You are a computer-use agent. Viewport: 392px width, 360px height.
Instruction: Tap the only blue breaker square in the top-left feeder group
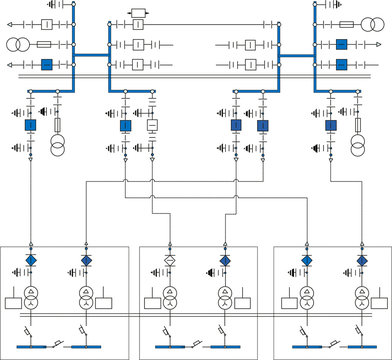pyautogui.click(x=46, y=65)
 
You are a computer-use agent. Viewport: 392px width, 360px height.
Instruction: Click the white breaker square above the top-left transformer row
pyautogui.click(x=46, y=22)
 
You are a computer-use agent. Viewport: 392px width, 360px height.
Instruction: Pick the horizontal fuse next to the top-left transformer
pyautogui.click(x=45, y=45)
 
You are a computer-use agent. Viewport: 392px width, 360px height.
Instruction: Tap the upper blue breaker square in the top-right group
pyautogui.click(x=342, y=45)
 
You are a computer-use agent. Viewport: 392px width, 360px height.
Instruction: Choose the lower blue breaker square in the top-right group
pyautogui.click(x=342, y=65)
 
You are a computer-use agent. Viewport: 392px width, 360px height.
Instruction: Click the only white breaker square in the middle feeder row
pyautogui.click(x=152, y=126)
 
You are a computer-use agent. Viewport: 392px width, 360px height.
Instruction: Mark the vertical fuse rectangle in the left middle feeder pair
pyautogui.click(x=57, y=126)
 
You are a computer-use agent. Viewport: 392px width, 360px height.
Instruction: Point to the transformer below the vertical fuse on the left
pyautogui.click(x=57, y=149)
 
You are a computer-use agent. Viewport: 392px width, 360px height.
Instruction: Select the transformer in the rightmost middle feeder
pyautogui.click(x=358, y=149)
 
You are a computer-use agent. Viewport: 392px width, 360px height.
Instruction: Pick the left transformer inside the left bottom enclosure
pyautogui.click(x=32, y=298)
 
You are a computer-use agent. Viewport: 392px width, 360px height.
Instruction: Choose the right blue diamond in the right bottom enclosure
pyautogui.click(x=360, y=260)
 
